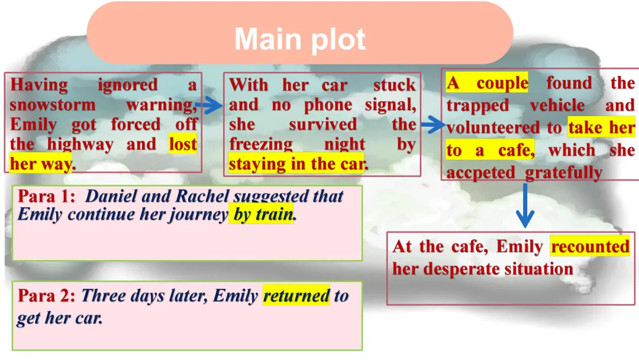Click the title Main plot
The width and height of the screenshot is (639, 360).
pos(300,39)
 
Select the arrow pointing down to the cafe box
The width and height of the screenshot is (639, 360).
pos(525,205)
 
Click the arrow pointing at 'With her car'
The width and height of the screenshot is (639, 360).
pos(209,105)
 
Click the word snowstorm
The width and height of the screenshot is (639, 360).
pos(53,105)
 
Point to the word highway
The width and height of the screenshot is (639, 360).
pos(80,144)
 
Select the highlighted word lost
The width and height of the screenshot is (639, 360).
pos(183,144)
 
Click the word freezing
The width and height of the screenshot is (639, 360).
pos(261,144)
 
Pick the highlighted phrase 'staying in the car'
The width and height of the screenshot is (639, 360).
pos(296,164)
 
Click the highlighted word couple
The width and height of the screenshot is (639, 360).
pos(502,83)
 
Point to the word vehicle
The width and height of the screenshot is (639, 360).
pos(557,105)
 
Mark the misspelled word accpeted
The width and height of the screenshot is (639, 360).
pos(480,172)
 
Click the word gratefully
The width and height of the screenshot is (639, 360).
pos(563,172)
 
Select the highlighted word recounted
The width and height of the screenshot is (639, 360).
pos(590,246)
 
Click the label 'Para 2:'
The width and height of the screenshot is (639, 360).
pos(47,295)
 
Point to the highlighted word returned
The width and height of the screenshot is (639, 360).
pos(296,295)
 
